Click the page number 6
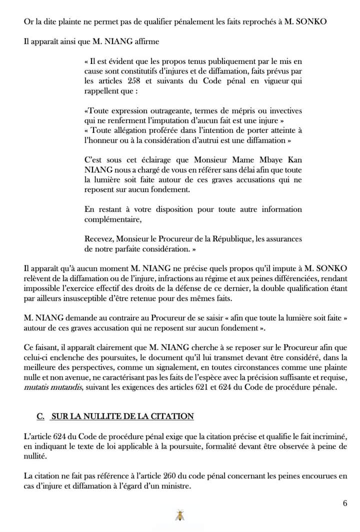(345, 503)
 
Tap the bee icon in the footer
(179, 516)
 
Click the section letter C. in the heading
(41, 416)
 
